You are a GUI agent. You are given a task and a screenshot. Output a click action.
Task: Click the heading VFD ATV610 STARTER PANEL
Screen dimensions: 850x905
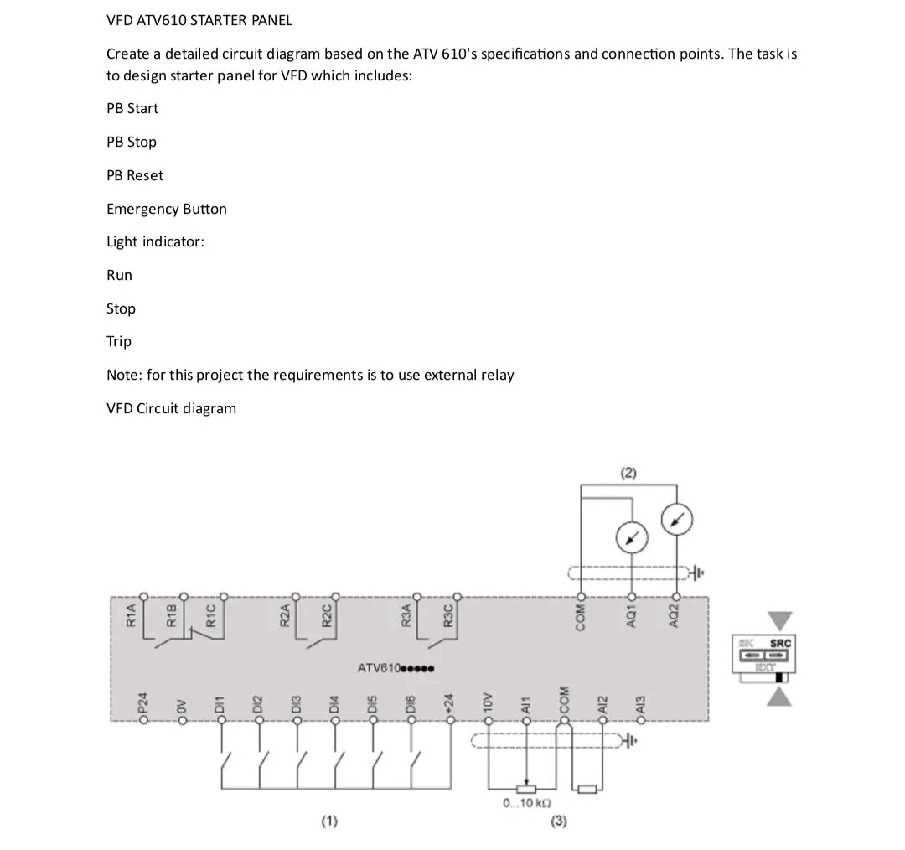(x=199, y=20)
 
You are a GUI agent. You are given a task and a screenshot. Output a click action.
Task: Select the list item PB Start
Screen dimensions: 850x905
(x=132, y=108)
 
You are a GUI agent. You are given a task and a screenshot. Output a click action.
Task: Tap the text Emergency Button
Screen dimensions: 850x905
(x=167, y=209)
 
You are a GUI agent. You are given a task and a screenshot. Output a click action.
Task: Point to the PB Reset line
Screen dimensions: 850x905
(x=135, y=175)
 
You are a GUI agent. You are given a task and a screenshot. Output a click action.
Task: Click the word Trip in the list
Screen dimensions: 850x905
(x=119, y=341)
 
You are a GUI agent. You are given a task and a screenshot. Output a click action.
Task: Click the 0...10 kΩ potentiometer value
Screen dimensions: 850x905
(x=525, y=803)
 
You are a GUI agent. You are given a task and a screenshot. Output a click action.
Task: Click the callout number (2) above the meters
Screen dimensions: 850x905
(x=628, y=473)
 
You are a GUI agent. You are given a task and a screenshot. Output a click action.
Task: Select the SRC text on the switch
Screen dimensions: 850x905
(x=780, y=643)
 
